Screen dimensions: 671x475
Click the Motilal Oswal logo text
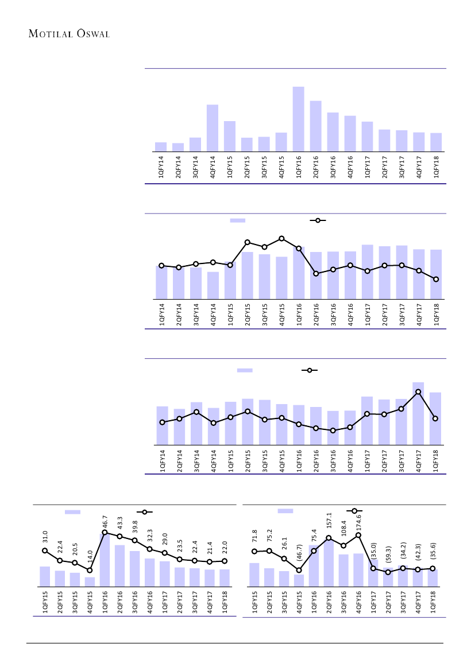coord(69,33)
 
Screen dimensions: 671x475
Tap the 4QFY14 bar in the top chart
coord(213,128)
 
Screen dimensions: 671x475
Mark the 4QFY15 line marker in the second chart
coord(281,238)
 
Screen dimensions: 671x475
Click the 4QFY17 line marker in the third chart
coord(418,391)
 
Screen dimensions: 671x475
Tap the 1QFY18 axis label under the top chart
coord(437,166)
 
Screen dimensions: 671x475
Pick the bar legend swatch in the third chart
coord(245,370)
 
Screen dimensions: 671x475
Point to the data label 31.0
coord(45,538)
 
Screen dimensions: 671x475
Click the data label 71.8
coord(254,538)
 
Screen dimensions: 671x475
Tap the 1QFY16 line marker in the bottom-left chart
coord(105,532)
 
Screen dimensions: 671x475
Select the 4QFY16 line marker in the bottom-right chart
coord(358,535)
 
